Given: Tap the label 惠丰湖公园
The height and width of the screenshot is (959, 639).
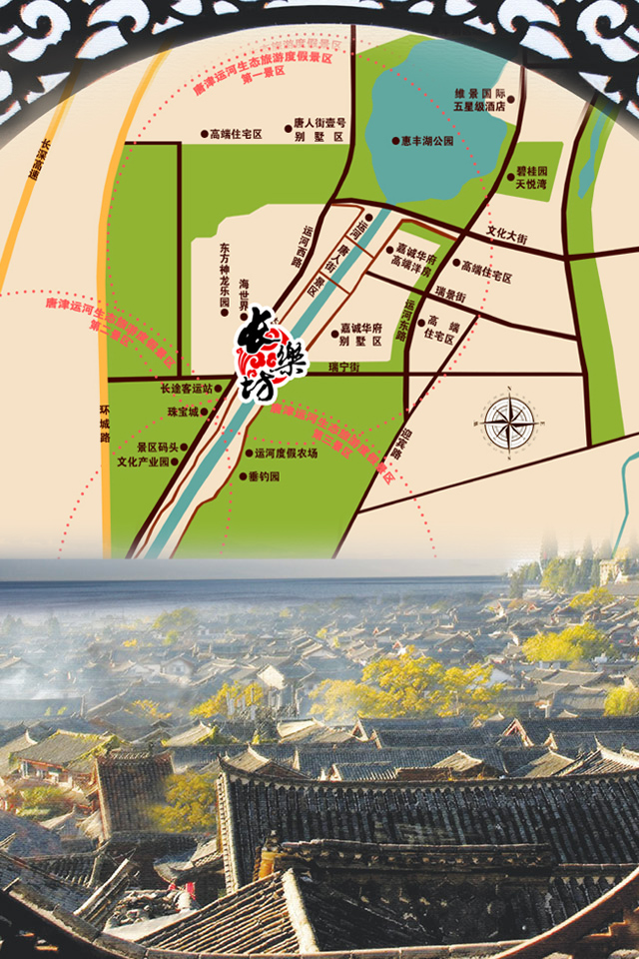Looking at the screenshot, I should (427, 142).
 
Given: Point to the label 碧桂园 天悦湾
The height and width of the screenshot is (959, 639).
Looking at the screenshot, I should (530, 178).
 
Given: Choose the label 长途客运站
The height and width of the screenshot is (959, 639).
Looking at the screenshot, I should (186, 388).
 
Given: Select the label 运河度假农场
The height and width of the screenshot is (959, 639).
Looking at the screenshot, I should (286, 453).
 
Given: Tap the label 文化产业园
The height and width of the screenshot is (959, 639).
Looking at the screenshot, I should (145, 463).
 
